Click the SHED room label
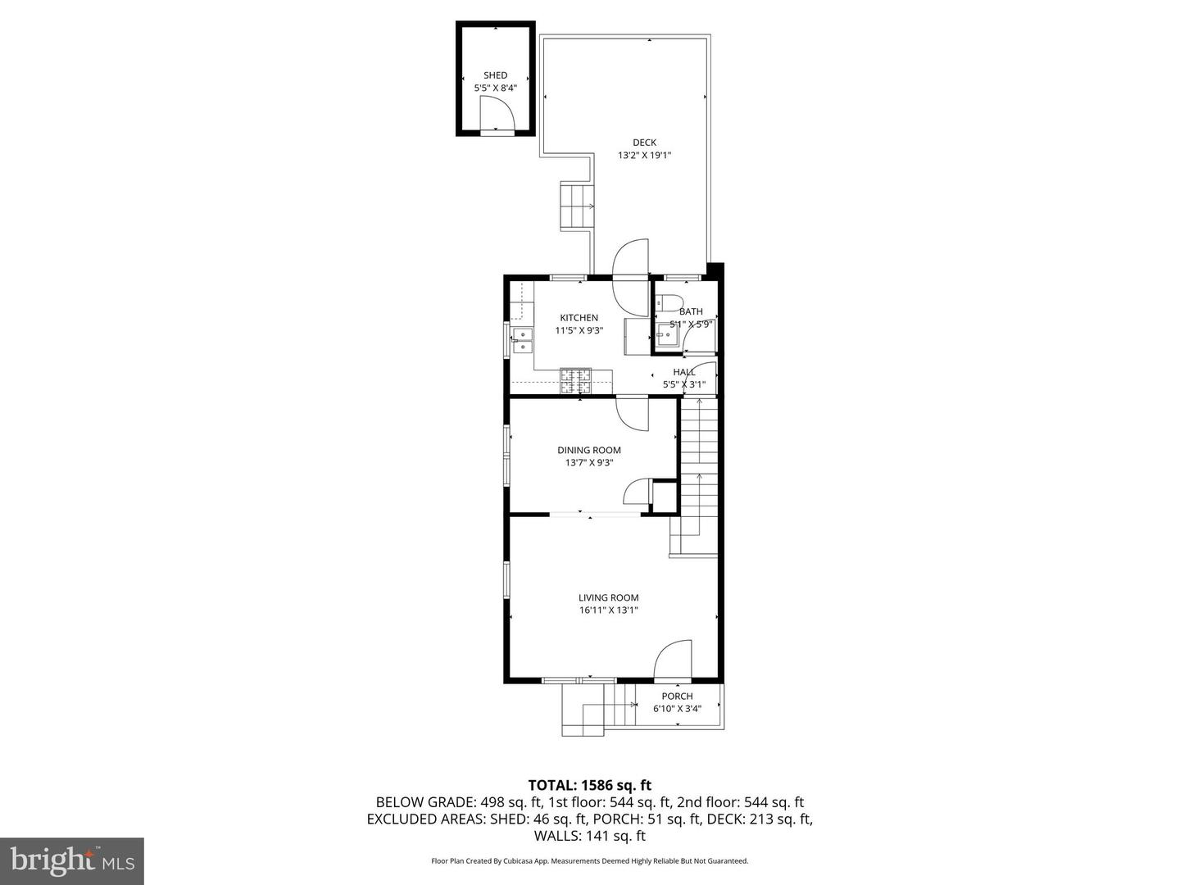tap(495, 75)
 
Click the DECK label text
tap(644, 143)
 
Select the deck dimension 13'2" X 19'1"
tap(644, 155)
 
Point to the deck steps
tap(576, 206)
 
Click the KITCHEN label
tap(579, 318)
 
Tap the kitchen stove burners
tap(575, 381)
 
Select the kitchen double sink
tap(521, 340)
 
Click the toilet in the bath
tap(669, 303)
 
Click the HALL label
tap(683, 372)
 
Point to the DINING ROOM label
tap(588, 450)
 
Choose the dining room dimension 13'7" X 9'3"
tap(588, 463)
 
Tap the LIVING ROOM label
tap(608, 598)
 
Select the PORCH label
tap(677, 697)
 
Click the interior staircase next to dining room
tap(698, 467)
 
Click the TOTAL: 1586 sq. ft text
tap(589, 786)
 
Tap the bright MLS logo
tap(72, 860)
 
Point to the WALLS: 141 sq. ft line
tap(589, 837)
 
